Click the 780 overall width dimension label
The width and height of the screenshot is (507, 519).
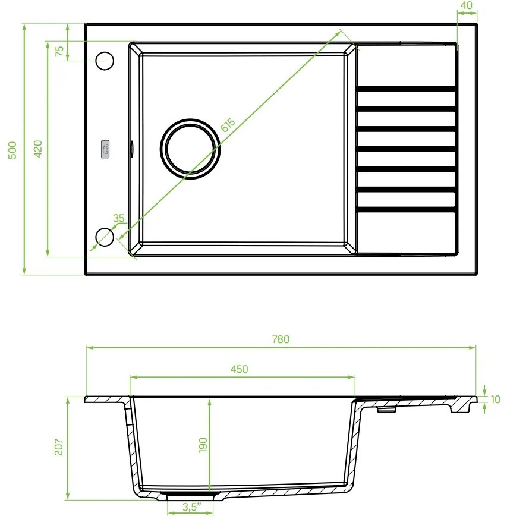281,339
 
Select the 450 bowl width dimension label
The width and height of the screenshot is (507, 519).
239,369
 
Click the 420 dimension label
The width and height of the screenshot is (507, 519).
37,149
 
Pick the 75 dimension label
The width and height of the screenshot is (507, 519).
59,51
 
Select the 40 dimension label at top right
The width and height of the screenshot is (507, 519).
467,5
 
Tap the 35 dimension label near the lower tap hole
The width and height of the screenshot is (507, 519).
118,218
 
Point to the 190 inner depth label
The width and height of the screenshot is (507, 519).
203,445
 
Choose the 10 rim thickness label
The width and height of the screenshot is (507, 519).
496,400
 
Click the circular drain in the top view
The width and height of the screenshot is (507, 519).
190,149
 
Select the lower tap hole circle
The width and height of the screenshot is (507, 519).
105,236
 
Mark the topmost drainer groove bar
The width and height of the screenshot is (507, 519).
406,89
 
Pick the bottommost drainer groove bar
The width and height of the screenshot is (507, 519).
406,210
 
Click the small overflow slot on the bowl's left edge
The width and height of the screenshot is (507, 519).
131,147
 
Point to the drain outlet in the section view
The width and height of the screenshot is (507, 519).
191,495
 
